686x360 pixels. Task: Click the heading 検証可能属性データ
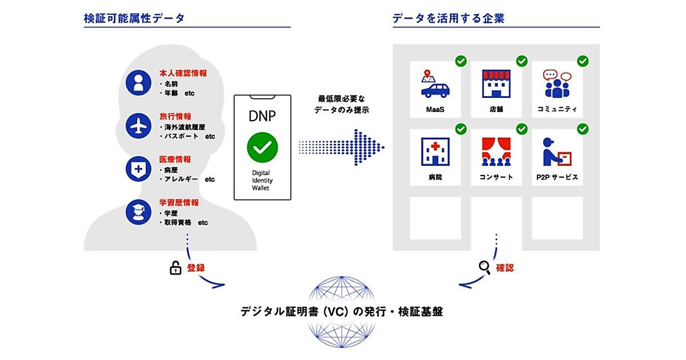click(134, 18)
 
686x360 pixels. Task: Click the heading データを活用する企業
click(448, 18)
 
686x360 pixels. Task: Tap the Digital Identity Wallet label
click(262, 179)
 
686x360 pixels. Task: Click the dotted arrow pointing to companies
click(342, 147)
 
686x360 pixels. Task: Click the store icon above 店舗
click(496, 84)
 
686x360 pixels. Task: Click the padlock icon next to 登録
click(176, 267)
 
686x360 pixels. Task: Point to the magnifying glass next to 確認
click(485, 267)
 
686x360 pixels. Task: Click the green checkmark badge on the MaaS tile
click(460, 61)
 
